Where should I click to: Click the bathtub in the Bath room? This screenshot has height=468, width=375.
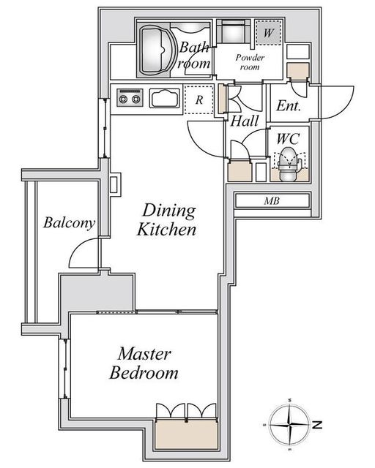(154, 50)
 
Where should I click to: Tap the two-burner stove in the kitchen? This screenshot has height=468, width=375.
(130, 97)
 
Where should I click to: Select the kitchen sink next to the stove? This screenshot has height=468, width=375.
(165, 98)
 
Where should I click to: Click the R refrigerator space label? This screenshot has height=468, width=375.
(199, 99)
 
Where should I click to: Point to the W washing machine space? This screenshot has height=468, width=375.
(269, 32)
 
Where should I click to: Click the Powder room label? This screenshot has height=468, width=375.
(250, 61)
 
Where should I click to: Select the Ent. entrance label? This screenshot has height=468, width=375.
(289, 105)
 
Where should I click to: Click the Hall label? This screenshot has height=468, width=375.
(245, 121)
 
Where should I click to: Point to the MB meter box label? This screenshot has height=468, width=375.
(272, 201)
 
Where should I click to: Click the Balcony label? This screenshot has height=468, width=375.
(69, 223)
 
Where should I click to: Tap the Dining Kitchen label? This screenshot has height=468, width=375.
(167, 220)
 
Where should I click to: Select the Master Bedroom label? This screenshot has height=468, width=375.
(144, 363)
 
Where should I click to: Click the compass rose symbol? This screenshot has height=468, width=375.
(289, 424)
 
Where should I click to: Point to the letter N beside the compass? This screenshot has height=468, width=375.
(317, 424)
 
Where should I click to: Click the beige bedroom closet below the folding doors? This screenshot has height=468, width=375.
(186, 434)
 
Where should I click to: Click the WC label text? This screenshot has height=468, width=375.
(288, 139)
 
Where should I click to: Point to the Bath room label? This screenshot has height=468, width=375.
(194, 56)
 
